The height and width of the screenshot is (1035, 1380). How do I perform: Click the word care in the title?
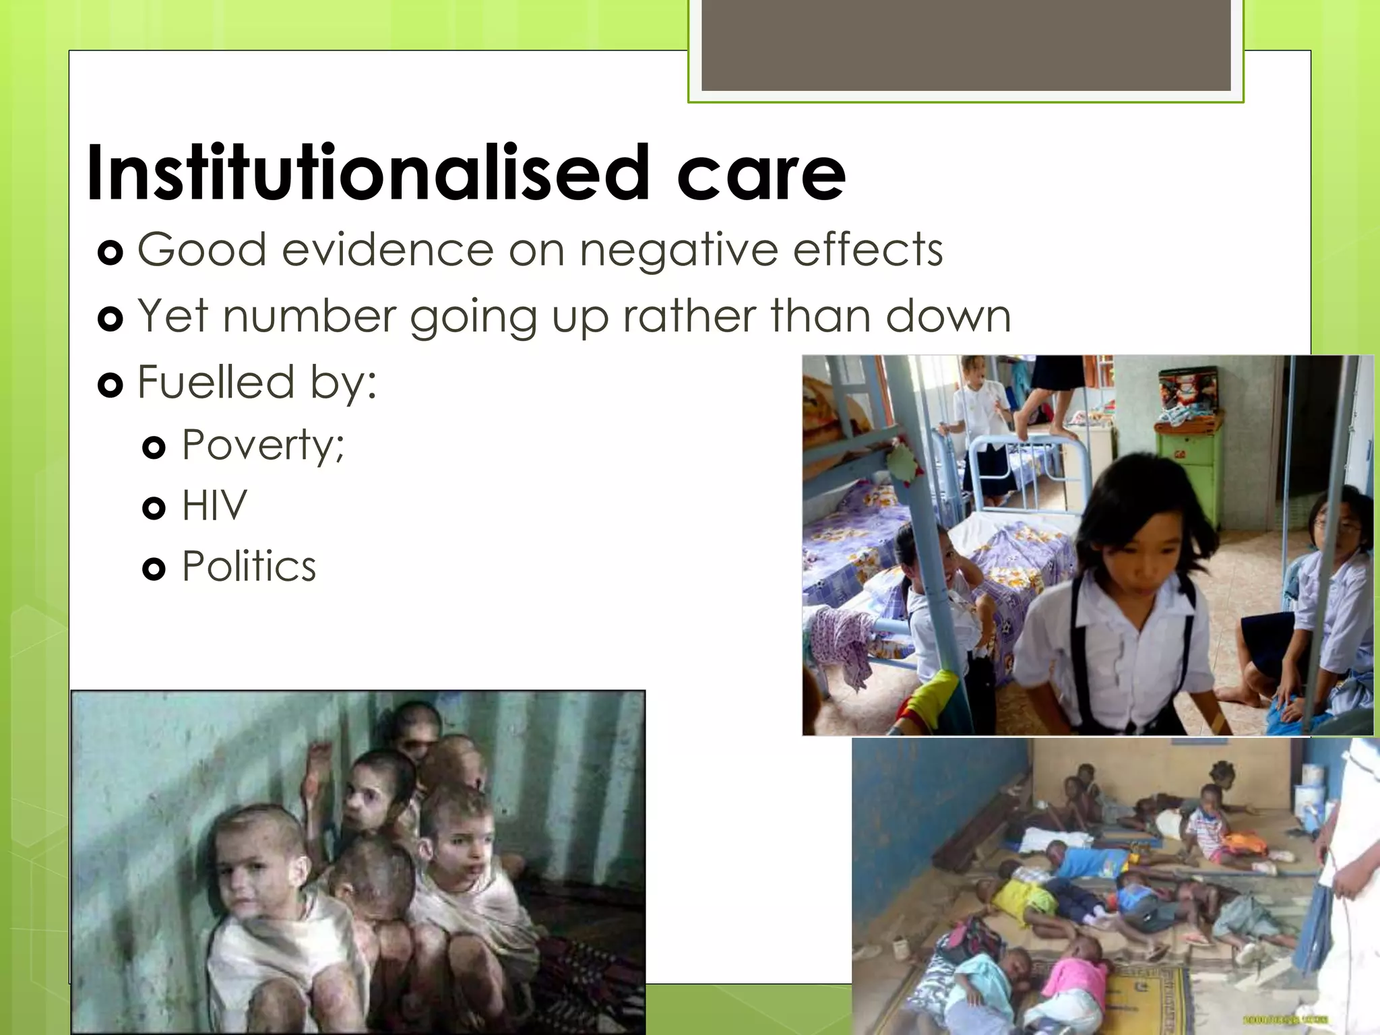coord(761,175)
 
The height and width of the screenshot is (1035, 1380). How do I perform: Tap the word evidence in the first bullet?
coord(387,250)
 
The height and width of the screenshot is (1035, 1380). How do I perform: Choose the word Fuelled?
coord(216,381)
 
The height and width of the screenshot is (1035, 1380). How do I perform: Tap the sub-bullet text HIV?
coord(214,505)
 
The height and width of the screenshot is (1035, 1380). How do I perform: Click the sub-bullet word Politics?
coord(249,566)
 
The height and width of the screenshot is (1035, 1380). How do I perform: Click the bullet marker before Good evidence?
coord(110,253)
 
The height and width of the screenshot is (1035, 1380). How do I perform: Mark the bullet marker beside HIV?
coord(154,508)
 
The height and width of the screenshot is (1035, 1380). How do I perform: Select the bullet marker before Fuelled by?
coord(110,385)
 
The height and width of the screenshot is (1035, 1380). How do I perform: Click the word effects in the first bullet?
coord(868,250)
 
